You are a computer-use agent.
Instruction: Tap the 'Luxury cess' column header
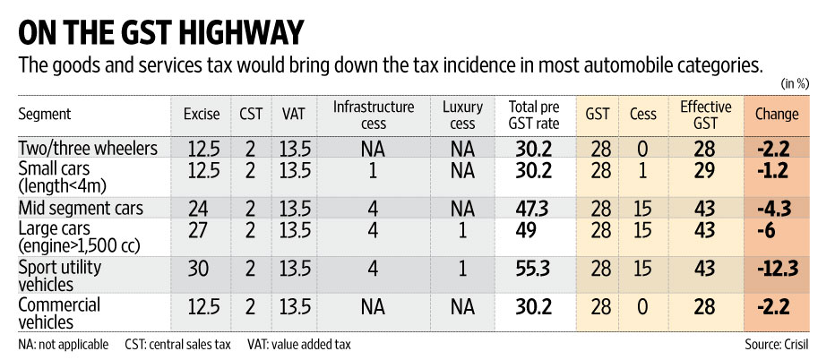point(462,115)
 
